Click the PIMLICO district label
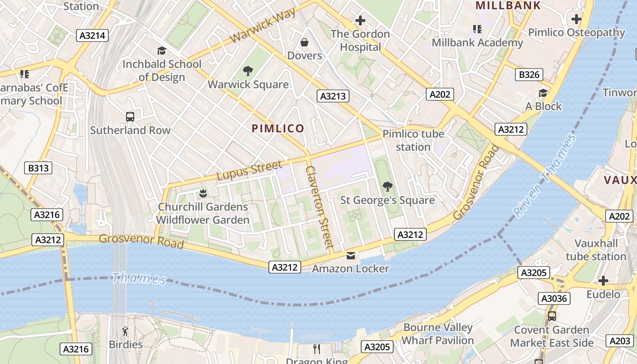point(278,128)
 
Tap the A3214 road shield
point(92,35)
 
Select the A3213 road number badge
point(333,96)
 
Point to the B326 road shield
point(529,75)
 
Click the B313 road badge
point(38,168)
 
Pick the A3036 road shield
point(554,298)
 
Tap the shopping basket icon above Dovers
point(304,42)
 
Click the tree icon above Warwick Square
point(248,71)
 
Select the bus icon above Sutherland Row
point(130,117)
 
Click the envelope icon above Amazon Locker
point(350,255)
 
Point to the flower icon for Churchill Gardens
point(203,193)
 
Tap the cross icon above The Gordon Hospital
point(360,20)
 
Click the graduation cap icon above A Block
point(543,93)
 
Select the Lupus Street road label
point(249,171)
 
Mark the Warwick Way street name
point(263,26)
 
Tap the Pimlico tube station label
point(413,140)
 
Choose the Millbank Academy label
point(477,43)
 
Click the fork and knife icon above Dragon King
point(317,349)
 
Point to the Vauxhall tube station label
point(596,250)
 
